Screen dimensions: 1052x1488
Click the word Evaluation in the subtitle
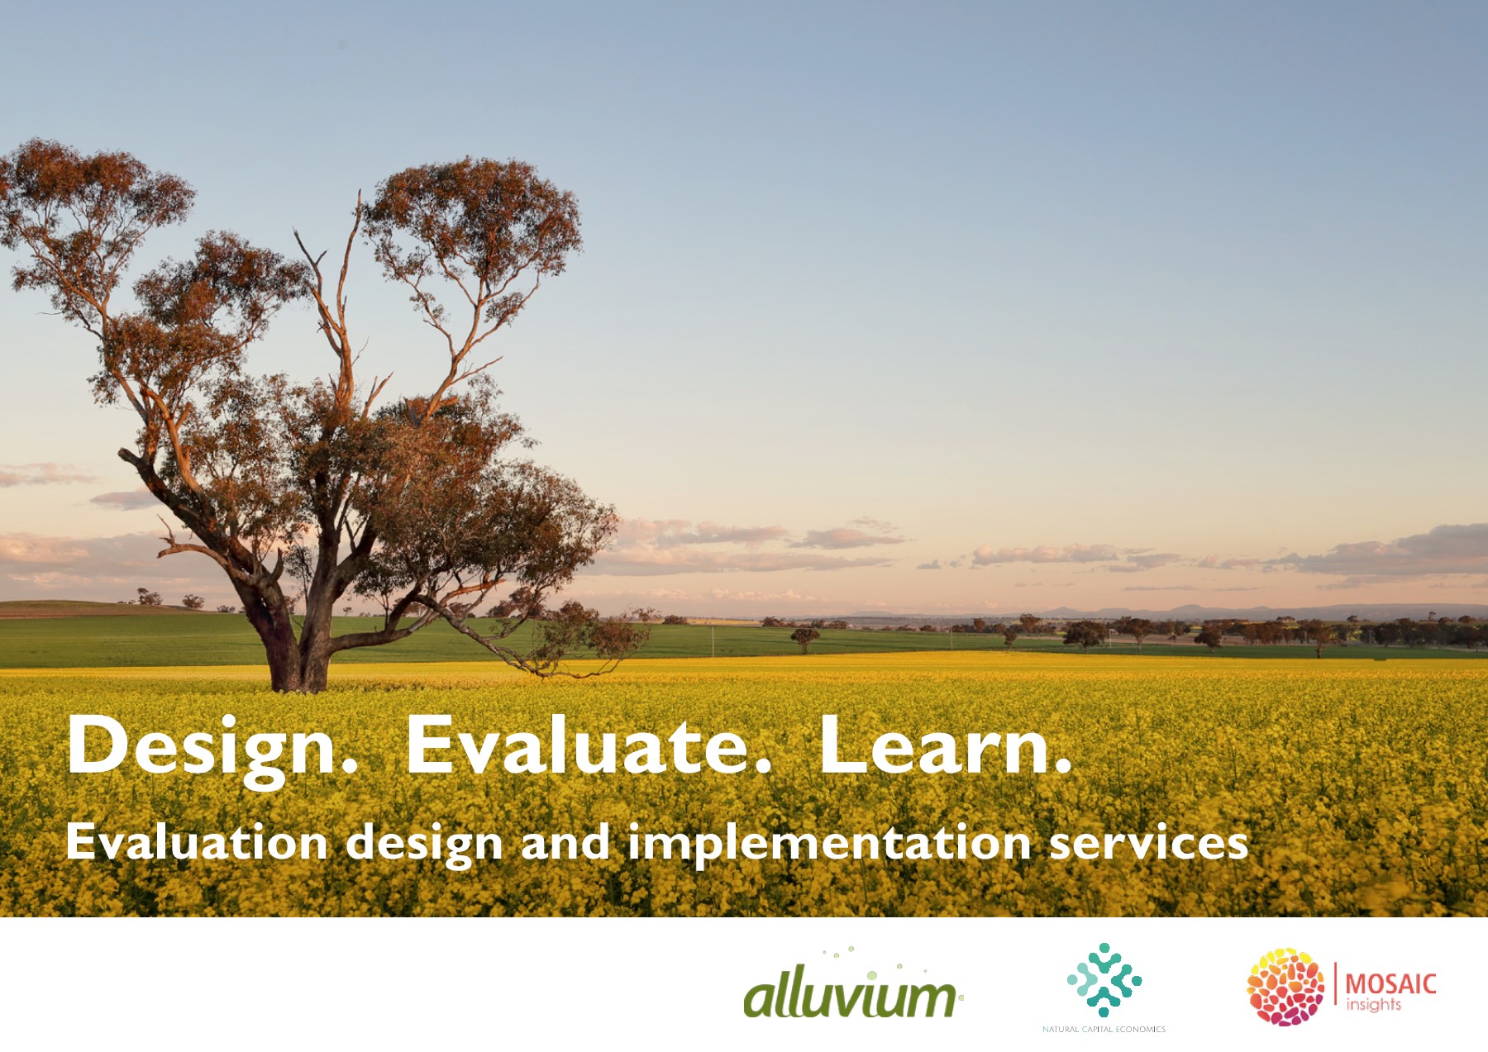pos(197,842)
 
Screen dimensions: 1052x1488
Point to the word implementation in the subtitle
pos(829,844)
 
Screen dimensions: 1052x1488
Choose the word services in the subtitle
pos(1148,842)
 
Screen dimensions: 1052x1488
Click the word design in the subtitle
pos(424,844)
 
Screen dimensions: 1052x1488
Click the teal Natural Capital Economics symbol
pos(1104,980)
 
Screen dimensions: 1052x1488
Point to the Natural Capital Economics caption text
pos(1104,1029)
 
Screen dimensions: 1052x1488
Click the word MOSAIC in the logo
pos(1391,983)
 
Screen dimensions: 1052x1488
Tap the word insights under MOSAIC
pos(1374,1005)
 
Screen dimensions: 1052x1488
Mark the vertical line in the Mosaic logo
pos(1335,983)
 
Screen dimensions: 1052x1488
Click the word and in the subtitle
pos(565,842)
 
